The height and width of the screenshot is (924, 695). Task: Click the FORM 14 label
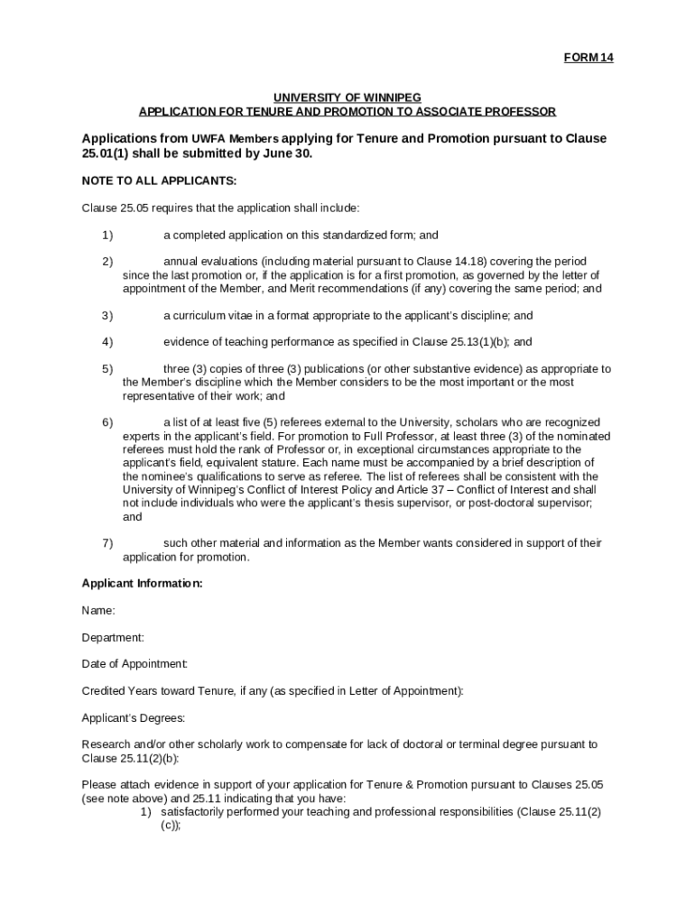point(588,58)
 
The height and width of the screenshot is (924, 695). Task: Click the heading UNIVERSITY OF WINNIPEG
point(347,97)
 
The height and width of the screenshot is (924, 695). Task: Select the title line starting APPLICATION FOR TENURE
point(347,111)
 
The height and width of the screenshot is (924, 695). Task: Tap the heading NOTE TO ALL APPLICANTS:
point(159,180)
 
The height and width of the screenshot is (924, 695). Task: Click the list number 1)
point(107,236)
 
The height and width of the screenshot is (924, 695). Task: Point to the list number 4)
point(107,342)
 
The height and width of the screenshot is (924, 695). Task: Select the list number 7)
point(107,543)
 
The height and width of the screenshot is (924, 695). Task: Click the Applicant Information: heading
point(142,584)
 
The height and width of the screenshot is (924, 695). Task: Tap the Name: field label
point(98,611)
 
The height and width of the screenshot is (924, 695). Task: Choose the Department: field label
point(113,637)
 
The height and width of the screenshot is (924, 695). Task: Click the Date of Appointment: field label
point(134,664)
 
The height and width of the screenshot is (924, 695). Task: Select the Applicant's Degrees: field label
point(134,717)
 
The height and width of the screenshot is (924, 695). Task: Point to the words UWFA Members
point(235,140)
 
